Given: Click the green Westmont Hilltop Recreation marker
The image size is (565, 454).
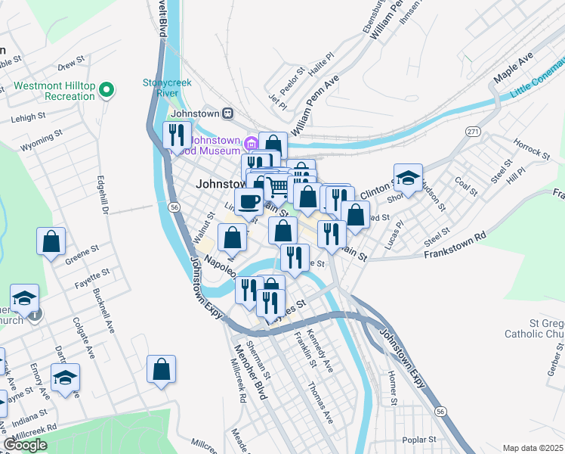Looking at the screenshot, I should (107, 91).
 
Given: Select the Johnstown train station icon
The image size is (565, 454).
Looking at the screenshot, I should (228, 113).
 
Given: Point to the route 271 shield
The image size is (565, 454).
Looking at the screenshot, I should (473, 131).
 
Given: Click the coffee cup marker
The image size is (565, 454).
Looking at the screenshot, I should (249, 201).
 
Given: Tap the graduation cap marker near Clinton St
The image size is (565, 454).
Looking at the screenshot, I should (408, 179).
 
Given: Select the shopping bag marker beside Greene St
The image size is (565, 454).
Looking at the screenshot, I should (51, 241).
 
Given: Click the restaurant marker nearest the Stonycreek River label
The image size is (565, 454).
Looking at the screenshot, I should (177, 135).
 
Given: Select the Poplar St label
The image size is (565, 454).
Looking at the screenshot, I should (420, 439).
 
